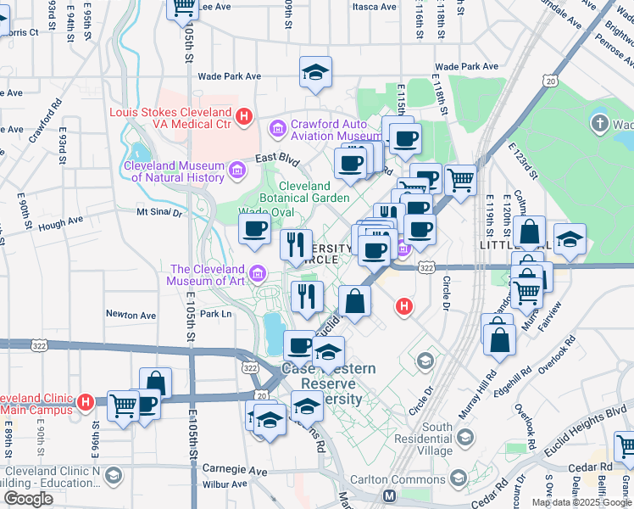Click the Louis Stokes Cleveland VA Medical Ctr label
point(170,118)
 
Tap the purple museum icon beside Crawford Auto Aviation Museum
point(277,129)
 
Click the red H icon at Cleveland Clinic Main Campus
point(86,401)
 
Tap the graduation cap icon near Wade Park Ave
point(315,73)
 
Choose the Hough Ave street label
point(60,221)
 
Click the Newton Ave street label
point(131,314)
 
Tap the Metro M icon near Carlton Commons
point(390,495)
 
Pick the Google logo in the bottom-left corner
point(28,498)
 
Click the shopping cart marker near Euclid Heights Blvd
point(626,445)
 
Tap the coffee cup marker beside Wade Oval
point(255,229)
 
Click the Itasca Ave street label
point(374,6)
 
